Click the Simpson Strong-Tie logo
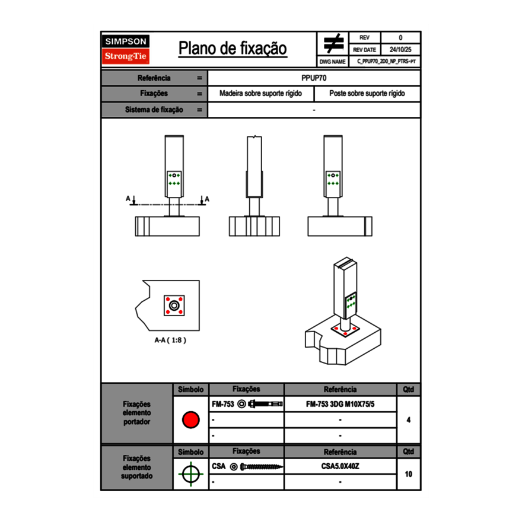pos(126,49)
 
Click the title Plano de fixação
pos(233,49)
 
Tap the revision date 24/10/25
pos(400,50)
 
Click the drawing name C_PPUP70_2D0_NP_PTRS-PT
pos(386,62)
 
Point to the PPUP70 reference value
pos(314,78)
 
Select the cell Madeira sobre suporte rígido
pos(260,94)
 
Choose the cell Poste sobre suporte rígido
pos(367,94)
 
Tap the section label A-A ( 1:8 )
pos(170,340)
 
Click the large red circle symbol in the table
pos(190,420)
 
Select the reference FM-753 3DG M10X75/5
pos(340,404)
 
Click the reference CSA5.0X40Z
pos(340,466)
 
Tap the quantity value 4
pos(409,420)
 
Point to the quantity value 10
pos(409,474)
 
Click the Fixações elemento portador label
pos(136,413)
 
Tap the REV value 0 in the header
pos(400,37)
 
